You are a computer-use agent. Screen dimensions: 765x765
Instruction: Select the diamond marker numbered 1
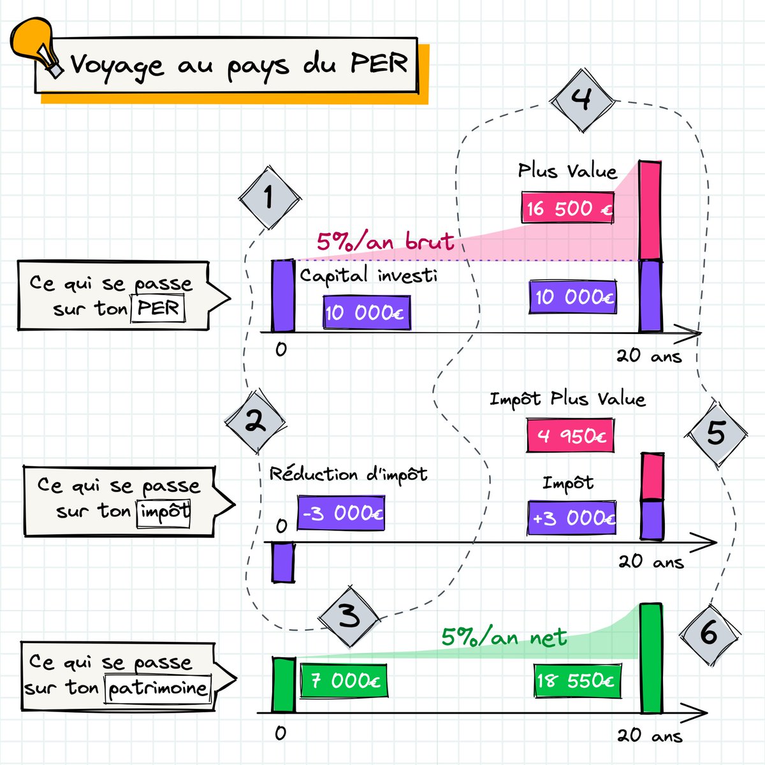coord(268,198)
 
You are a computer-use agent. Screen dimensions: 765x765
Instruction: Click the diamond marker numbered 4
coord(581,100)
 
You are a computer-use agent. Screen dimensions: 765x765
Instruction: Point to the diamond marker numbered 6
coord(709,633)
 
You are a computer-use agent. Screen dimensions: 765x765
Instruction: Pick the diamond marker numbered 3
coord(349,616)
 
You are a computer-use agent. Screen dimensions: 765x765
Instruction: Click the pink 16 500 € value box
coord(567,208)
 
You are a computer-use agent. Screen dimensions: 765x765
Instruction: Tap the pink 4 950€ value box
coord(571,435)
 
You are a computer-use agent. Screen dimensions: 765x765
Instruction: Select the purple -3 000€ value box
coord(341,513)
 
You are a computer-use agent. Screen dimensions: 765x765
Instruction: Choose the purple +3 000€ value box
coord(572,518)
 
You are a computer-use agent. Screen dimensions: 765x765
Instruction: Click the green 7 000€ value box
coord(344,681)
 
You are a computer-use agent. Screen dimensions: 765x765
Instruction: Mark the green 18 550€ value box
coord(576,681)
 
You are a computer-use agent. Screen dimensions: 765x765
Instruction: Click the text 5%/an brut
coord(385,241)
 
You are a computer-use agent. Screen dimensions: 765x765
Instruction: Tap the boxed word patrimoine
coord(157,688)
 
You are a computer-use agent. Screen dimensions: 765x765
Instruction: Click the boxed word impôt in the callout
coord(164,511)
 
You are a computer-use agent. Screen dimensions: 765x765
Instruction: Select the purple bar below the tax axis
coord(283,562)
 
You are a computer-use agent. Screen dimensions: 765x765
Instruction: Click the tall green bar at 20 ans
coord(651,657)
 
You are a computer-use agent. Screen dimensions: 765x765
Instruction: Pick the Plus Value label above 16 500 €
coord(567,171)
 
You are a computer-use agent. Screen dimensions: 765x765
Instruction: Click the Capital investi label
coord(368,275)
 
